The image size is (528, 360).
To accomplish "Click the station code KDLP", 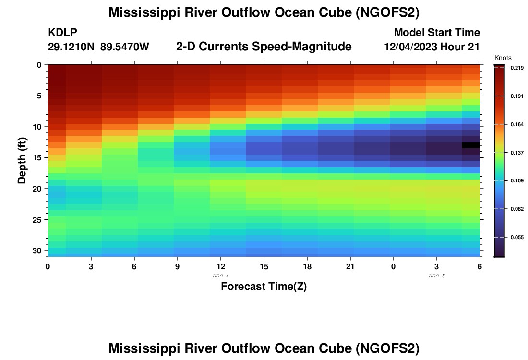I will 62,33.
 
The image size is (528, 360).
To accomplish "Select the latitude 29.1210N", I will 72,47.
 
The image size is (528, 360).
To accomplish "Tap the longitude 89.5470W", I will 125,47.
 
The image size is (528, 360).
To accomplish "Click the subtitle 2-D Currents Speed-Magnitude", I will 264,47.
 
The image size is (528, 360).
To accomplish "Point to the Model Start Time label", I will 437,33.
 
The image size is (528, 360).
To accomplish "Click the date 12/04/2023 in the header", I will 410,47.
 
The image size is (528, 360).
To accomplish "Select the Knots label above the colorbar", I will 503,58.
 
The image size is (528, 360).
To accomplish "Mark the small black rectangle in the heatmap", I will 471,145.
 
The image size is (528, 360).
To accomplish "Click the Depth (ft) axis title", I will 22,158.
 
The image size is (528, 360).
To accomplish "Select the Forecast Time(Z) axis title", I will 264,287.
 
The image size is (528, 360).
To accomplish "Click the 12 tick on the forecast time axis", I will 221,266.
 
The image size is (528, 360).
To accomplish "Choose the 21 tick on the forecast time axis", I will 350,266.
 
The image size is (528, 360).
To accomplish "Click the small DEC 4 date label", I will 221,276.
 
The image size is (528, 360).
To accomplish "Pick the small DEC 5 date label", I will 437,276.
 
